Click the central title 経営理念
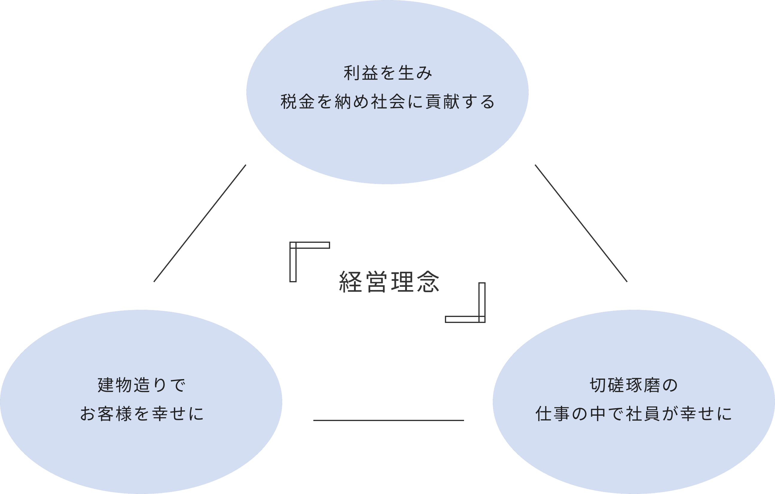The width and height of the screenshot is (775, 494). coord(389,282)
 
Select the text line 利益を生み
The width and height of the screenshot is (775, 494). coord(388,73)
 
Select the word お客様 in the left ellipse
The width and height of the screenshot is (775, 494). coord(106,414)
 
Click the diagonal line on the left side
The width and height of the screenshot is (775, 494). coord(200,223)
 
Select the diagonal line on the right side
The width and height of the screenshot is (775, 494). coord(581,223)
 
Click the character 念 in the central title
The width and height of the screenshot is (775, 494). coord(428,282)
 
